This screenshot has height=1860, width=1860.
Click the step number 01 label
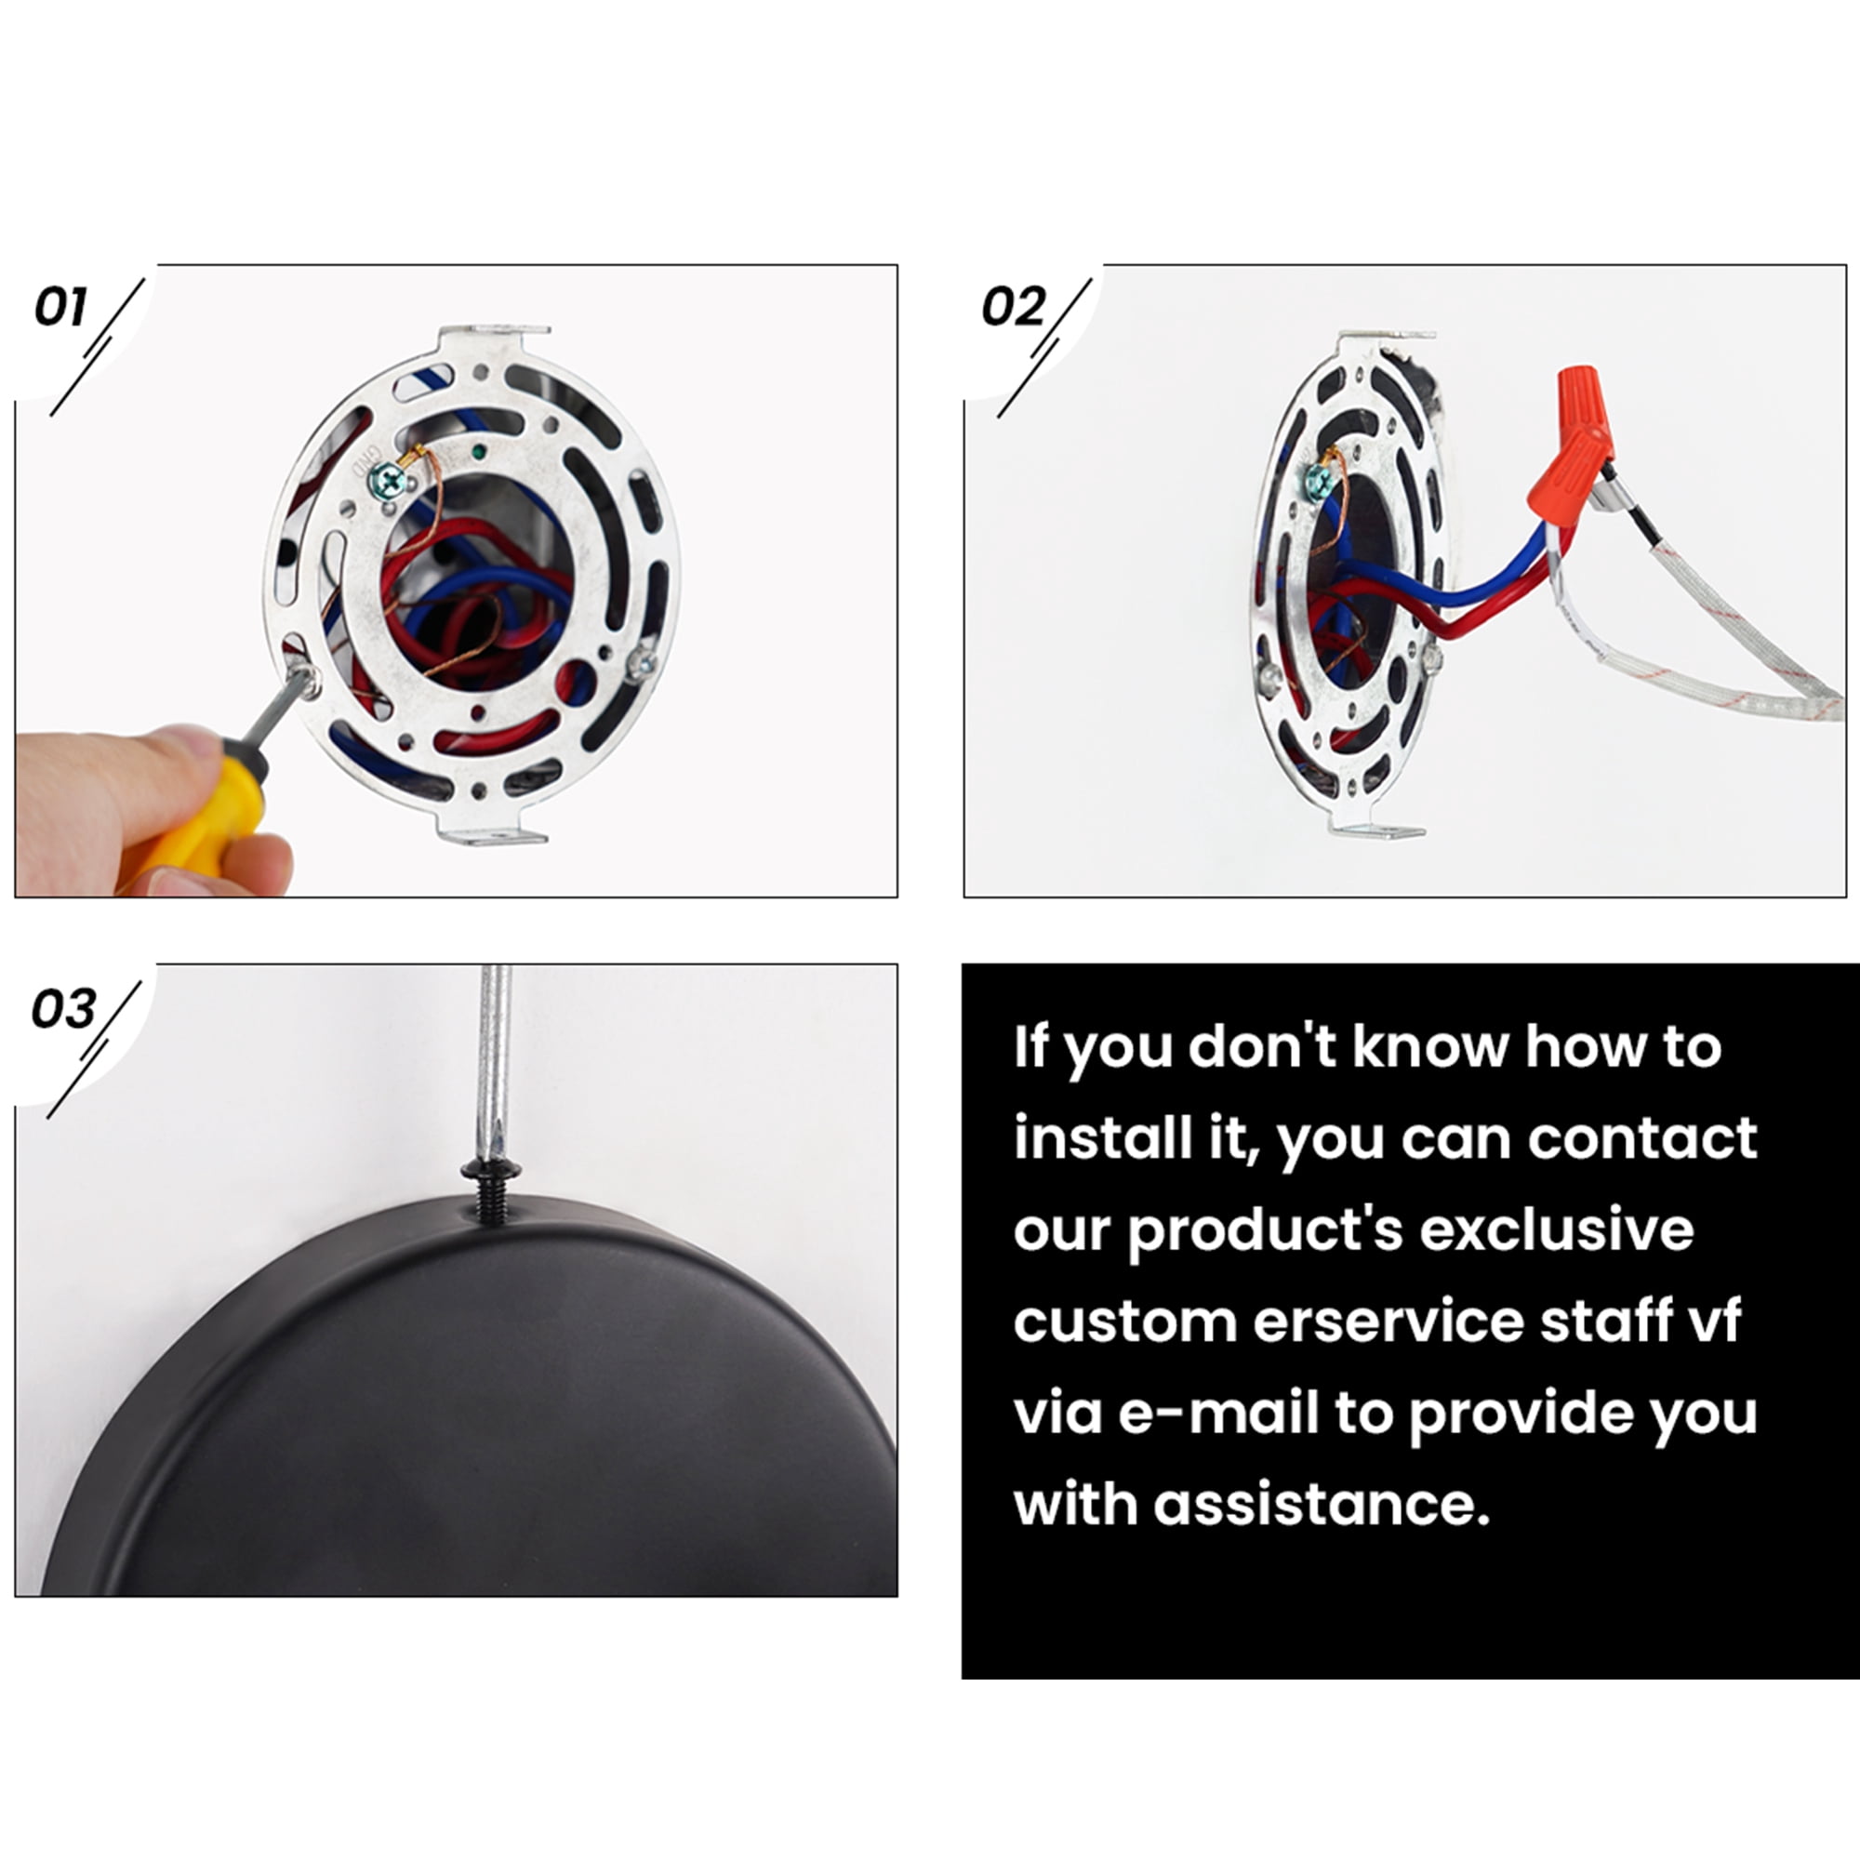pos(60,307)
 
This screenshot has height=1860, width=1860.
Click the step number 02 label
pos(1013,307)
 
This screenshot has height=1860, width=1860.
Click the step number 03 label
pos(62,1008)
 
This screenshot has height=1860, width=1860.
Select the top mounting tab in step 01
pos(494,339)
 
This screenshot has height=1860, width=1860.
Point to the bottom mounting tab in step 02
pos(1375,825)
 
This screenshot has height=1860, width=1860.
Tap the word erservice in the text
pos(1388,1322)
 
